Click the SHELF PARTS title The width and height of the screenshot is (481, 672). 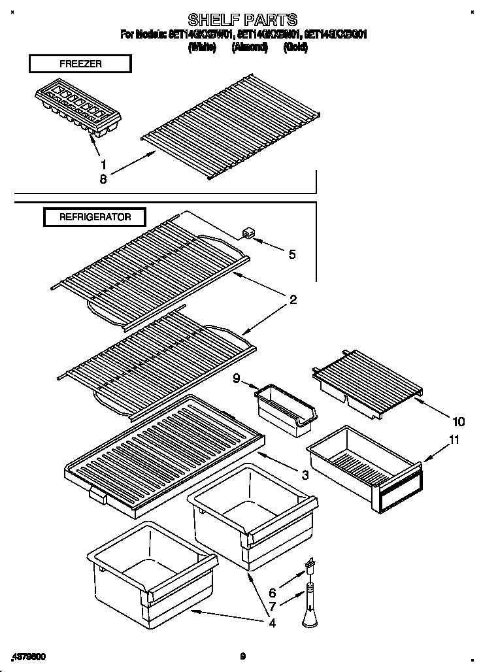(x=242, y=19)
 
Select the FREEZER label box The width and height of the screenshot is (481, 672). (x=80, y=63)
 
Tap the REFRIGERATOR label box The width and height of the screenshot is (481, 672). (x=95, y=217)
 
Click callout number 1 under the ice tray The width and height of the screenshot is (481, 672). (x=103, y=163)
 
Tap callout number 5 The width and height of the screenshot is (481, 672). (x=291, y=254)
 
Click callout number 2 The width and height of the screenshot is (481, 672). (x=293, y=300)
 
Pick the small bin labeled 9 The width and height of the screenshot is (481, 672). (x=286, y=411)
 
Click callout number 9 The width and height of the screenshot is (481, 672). (x=237, y=377)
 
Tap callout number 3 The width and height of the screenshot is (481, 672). (x=305, y=475)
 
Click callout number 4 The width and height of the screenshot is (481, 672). (x=272, y=623)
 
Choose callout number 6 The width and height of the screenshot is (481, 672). (x=273, y=594)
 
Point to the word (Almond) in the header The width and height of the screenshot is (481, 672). (x=250, y=47)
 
